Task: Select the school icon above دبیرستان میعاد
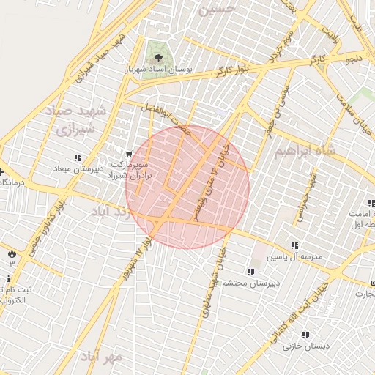click(x=78, y=157)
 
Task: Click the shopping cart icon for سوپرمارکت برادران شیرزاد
click(x=129, y=155)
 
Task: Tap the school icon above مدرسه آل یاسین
click(x=294, y=246)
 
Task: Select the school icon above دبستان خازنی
click(x=305, y=335)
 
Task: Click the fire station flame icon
click(x=12, y=253)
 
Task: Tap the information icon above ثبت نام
click(x=8, y=279)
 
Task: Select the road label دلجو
click(x=354, y=56)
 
